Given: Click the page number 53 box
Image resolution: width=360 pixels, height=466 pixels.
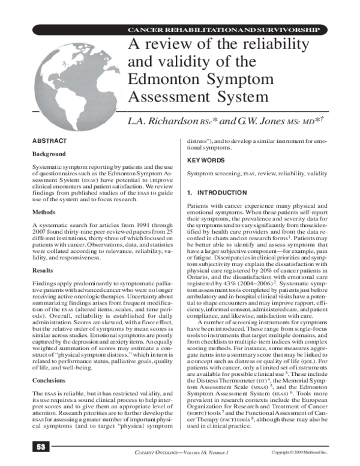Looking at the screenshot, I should coord(40,449).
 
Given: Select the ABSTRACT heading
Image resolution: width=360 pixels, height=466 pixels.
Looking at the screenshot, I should coord(49,140).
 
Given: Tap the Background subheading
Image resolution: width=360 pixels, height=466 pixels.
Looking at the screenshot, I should coord(49,154).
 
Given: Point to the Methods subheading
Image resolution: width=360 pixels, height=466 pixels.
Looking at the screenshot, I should coord(45,212).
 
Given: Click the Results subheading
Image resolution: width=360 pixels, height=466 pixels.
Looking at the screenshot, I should coord(44,270).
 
